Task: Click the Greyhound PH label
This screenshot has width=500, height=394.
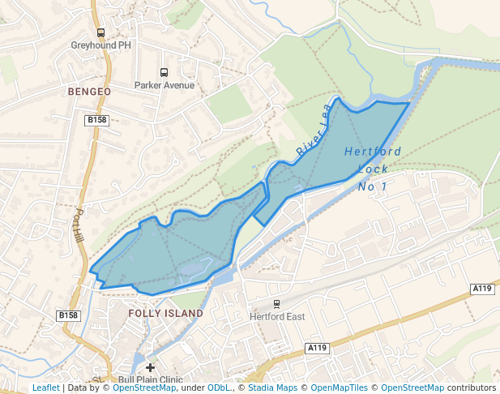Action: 100,45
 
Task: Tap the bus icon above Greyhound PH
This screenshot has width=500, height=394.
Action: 100,33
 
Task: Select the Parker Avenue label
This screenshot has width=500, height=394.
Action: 165,85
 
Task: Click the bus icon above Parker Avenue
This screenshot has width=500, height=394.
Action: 165,73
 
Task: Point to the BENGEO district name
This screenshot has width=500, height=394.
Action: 89,92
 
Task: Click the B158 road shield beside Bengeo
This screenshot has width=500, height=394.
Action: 96,120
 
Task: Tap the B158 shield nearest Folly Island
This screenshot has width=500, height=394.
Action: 68,315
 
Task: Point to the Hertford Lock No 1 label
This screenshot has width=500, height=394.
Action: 372,169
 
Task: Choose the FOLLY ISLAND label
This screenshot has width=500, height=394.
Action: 166,313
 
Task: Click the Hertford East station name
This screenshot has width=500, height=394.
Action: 277,316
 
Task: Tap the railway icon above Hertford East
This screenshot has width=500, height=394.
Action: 276,304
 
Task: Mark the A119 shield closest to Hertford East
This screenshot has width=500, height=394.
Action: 317,348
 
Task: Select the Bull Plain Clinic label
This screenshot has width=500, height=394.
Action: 151,379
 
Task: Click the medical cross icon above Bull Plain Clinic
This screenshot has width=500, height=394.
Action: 150,367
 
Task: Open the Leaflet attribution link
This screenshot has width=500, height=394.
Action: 45,388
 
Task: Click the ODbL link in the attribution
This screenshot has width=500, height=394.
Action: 218,388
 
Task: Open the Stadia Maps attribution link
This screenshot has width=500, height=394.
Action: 272,388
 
